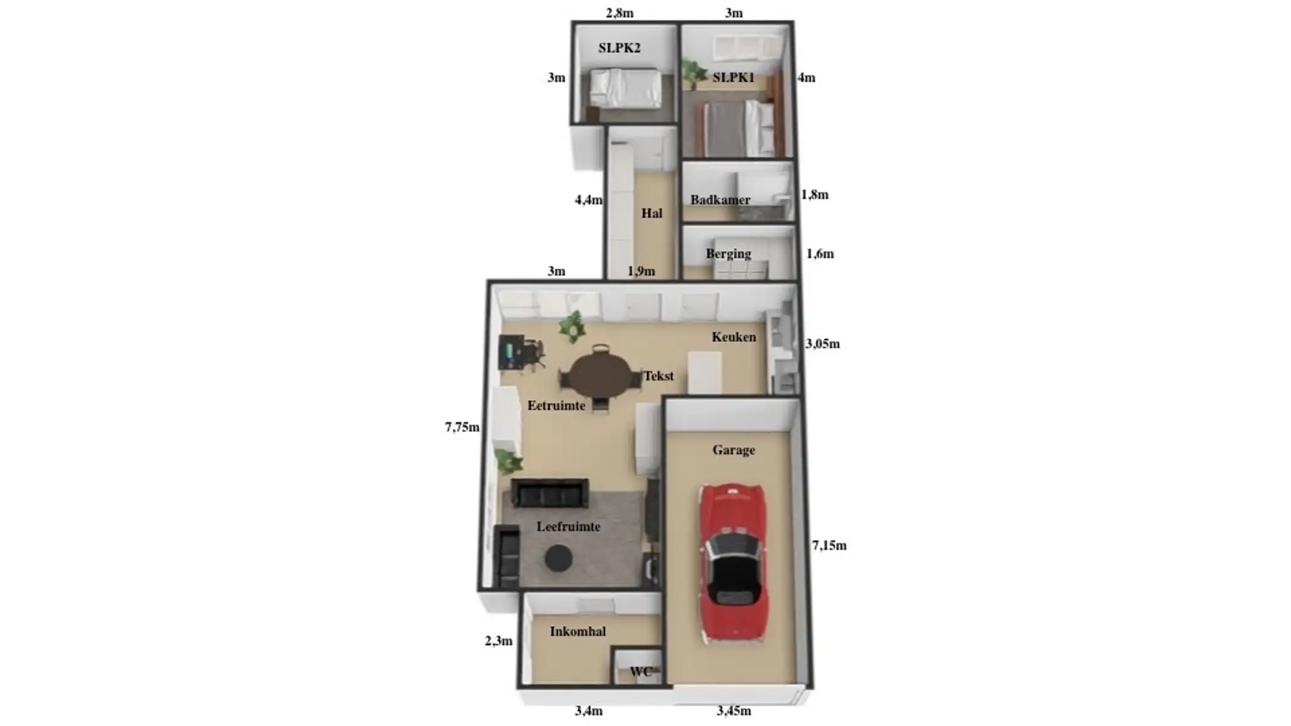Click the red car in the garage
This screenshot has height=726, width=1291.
click(733, 563)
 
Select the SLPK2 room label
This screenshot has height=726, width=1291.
click(619, 48)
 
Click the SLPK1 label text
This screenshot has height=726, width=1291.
click(733, 77)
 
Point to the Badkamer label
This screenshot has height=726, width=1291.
click(720, 200)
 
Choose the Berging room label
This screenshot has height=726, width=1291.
click(728, 253)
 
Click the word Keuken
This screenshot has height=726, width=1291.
click(734, 337)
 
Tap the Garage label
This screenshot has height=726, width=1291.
click(734, 450)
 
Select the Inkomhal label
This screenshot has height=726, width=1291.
click(577, 632)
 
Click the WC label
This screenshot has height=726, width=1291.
click(640, 672)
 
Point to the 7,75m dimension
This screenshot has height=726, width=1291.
click(462, 427)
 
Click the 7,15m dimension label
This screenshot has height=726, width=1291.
click(829, 546)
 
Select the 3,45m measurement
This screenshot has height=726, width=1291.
click(734, 711)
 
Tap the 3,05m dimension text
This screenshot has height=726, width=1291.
click(823, 344)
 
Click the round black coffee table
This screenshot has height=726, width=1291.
click(558, 558)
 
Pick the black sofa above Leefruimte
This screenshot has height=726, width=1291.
click(550, 493)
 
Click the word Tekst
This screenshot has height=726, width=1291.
click(659, 376)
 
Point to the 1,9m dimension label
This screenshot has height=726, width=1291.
click(641, 271)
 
